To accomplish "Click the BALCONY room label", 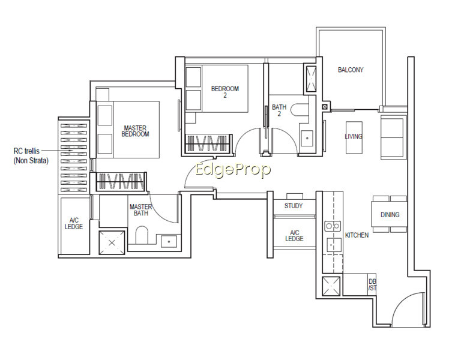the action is click(351, 70).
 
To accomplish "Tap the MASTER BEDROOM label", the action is click(135, 131).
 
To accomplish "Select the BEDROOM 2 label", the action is click(225, 92).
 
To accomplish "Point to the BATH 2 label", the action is click(279, 110).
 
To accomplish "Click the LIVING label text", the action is click(354, 136).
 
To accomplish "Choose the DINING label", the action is click(390, 214).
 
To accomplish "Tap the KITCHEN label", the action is click(357, 235).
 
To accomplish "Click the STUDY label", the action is click(294, 206).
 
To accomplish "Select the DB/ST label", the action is click(372, 284).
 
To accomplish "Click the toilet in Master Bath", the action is click(142, 235).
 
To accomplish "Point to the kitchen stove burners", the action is click(333, 226).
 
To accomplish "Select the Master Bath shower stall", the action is click(112, 242).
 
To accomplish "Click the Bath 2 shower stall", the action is click(311, 79).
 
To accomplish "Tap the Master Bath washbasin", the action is click(169, 241).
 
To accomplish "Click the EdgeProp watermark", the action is click(233, 170).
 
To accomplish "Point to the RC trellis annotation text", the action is click(31, 156).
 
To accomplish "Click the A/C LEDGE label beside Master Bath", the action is click(74, 223).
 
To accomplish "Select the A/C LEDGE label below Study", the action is click(294, 236).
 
